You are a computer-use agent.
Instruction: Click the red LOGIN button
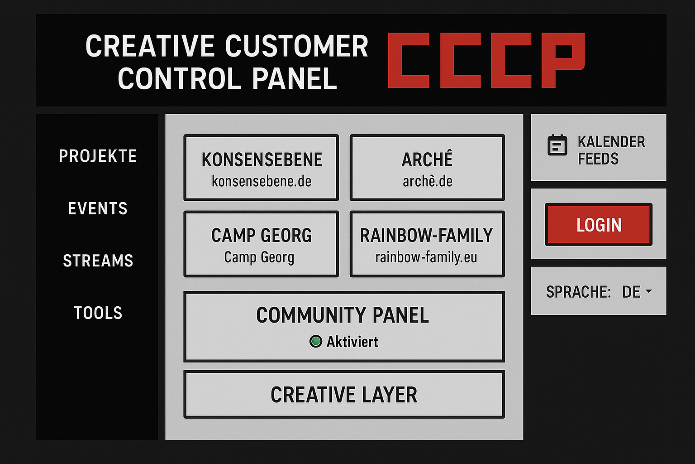click(598, 225)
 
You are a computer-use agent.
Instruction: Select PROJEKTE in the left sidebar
click(98, 156)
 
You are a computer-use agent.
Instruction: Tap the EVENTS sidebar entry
click(98, 208)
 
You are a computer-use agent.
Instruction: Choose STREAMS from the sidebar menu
click(98, 261)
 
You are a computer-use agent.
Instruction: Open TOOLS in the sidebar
click(98, 313)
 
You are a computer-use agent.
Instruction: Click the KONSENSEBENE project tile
click(261, 168)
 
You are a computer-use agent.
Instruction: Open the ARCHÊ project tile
click(427, 168)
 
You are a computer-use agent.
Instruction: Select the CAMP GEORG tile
click(261, 244)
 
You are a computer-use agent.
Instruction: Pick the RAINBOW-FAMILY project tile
click(427, 244)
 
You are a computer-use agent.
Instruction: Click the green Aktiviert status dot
click(315, 341)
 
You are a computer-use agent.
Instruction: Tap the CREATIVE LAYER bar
click(344, 395)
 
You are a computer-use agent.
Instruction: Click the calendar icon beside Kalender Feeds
click(557, 145)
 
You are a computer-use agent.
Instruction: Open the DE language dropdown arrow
click(648, 291)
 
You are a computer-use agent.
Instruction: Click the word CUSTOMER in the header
click(296, 46)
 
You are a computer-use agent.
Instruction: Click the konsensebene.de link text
click(261, 181)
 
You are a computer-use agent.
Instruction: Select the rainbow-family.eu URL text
click(426, 257)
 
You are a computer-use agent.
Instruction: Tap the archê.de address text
click(427, 181)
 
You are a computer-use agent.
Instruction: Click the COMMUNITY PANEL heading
click(342, 315)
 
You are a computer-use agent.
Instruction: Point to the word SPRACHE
click(578, 292)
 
